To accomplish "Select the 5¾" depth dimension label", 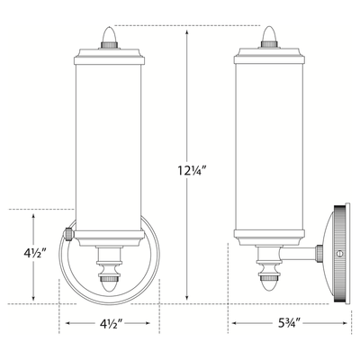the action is click(x=288, y=323).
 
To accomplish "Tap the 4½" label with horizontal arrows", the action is click(x=111, y=323).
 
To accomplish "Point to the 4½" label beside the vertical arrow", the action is click(x=34, y=254).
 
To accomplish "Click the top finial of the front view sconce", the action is click(x=109, y=38).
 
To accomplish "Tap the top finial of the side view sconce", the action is click(x=269, y=37).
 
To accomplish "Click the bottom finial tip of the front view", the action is click(x=109, y=284).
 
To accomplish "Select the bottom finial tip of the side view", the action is click(x=269, y=283).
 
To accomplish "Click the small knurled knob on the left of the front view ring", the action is click(x=67, y=234).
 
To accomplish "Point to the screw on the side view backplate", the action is click(x=339, y=254).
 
